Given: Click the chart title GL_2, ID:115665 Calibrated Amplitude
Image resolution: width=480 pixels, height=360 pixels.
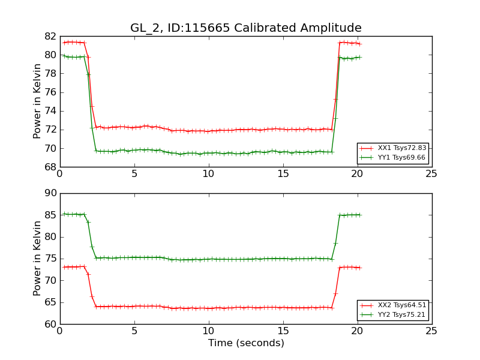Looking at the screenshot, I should pos(246,28).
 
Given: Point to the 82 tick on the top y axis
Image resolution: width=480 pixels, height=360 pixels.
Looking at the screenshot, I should pos(50,37).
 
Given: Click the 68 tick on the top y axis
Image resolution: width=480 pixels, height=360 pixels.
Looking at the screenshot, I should pos(50,167).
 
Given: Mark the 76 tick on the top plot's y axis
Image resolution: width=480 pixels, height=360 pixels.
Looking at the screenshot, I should pos(50,92).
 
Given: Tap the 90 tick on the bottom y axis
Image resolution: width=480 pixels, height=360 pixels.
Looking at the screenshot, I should pos(50,193).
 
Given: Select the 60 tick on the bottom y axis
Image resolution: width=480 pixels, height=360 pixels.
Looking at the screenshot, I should pos(50,324).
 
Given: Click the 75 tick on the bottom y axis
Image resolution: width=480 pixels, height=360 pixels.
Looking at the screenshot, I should pos(50,259).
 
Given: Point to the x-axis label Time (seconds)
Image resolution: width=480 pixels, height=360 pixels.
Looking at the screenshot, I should pos(246,343).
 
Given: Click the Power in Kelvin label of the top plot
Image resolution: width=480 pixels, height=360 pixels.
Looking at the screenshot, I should pos(37,101).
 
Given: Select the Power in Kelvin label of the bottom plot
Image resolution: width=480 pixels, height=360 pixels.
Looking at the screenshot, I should pos(37,259).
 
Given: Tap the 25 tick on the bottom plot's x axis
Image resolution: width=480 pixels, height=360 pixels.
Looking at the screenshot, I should pos(431,331).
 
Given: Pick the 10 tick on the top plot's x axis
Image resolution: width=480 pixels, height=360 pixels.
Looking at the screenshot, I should pos(208,174).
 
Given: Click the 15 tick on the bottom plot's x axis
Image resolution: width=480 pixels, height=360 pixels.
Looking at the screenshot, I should pos(283,331).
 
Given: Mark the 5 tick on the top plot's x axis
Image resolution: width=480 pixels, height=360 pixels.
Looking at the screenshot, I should pos(134,174).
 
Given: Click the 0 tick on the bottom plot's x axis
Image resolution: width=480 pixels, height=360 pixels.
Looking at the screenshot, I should pos(59,331).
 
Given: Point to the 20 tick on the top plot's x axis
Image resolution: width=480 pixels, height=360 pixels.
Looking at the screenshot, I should pos(357,174).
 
